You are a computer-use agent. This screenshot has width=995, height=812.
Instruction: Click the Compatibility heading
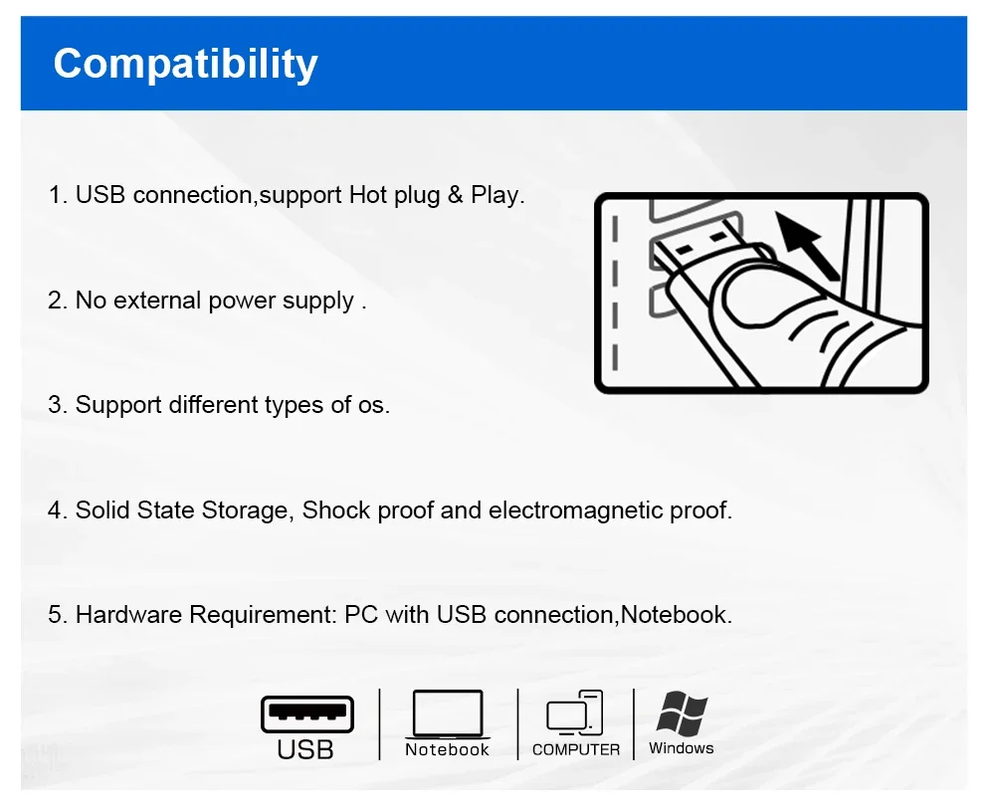click(185, 65)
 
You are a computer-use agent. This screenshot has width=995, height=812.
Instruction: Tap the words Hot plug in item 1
click(394, 195)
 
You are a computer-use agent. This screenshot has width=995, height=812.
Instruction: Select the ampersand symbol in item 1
click(455, 194)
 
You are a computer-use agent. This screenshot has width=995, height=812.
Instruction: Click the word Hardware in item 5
click(128, 615)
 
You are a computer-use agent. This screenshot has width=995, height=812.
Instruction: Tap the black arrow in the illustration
click(807, 246)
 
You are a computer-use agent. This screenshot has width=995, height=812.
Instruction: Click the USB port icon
click(307, 714)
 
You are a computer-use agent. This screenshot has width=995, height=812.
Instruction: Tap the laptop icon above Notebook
click(448, 714)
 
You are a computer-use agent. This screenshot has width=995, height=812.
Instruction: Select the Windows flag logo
click(682, 712)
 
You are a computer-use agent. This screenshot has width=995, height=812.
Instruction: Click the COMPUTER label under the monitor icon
click(576, 749)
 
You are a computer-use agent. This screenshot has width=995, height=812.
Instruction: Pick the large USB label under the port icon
click(305, 749)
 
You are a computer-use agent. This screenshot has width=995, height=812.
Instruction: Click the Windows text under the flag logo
click(681, 748)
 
